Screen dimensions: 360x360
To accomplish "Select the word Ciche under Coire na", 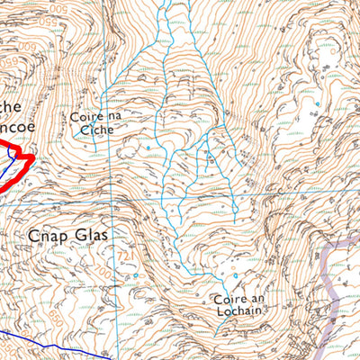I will point(97,130).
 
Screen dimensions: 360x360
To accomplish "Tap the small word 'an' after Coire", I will point(255,299).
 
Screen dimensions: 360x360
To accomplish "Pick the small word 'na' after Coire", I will point(109,118).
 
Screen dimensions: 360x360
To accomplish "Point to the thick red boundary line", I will point(18,171).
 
